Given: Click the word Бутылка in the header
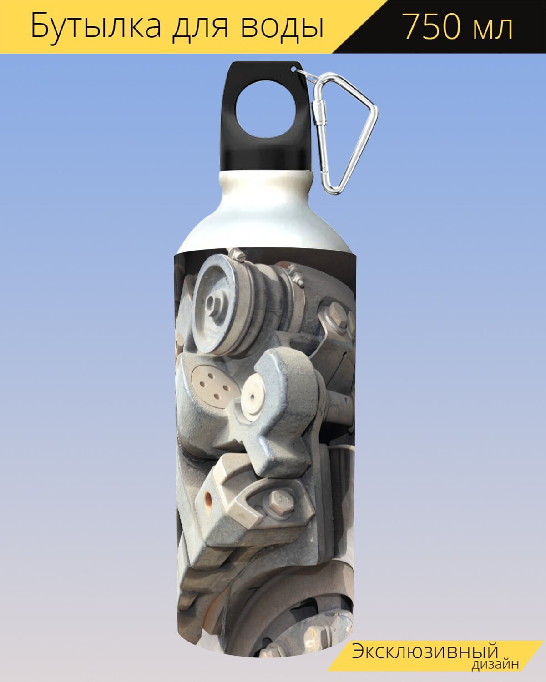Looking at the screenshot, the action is tap(96, 27).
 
